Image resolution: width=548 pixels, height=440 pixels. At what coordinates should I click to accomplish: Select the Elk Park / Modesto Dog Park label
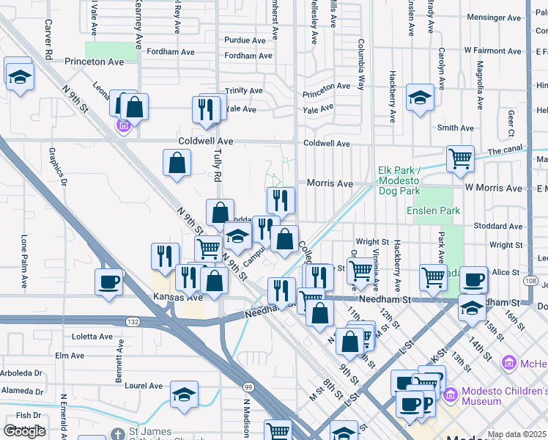[399, 180]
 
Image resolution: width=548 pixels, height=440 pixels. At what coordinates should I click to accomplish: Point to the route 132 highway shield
[133, 322]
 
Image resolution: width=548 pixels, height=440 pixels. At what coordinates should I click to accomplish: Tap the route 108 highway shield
[530, 281]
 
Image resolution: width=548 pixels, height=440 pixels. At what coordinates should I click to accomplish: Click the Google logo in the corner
[24, 431]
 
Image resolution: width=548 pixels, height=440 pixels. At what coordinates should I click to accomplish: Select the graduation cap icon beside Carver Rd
[20, 75]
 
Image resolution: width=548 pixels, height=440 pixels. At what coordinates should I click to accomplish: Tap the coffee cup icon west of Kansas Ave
[109, 282]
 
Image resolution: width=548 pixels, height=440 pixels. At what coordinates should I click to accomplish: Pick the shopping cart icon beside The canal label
[459, 158]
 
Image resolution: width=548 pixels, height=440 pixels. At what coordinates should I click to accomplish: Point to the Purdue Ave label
[243, 40]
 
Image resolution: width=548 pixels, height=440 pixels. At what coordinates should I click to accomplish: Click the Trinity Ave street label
[243, 91]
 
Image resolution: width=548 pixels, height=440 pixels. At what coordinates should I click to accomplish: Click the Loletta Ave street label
[92, 337]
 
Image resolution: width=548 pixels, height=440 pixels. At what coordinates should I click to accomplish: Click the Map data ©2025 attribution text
[517, 434]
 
